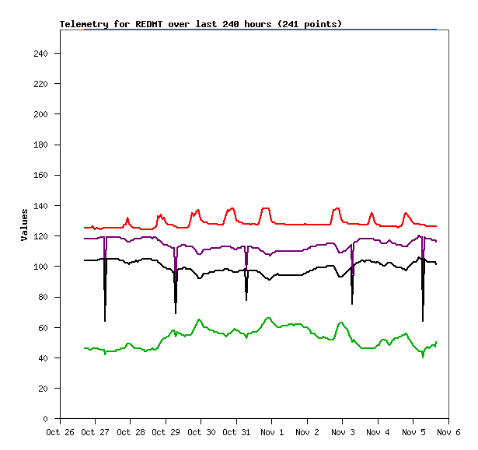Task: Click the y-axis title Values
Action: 25,224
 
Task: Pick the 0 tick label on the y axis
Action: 48,419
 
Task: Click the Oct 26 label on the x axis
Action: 60,432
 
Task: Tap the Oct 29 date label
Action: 166,432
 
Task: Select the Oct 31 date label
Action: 236,432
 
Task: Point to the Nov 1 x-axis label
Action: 272,432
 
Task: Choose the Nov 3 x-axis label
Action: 342,432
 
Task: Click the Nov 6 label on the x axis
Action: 448,432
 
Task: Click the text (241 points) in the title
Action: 309,24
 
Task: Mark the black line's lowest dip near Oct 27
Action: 105,320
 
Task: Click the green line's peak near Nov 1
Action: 268,317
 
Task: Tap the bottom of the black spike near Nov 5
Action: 423,320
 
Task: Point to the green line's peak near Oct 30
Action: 199,319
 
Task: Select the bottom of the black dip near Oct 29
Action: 176,312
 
